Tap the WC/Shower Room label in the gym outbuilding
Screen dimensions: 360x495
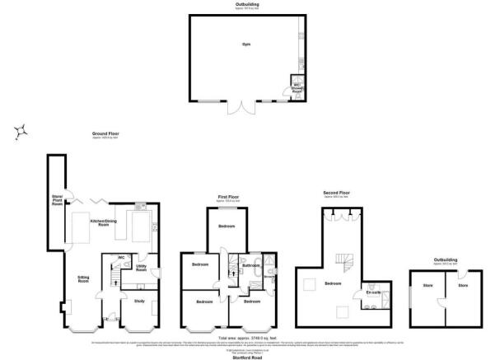coord(298,89)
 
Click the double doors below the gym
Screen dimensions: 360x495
coord(242,107)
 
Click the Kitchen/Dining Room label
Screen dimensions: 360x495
coord(115,222)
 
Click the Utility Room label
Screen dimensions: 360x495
coord(142,268)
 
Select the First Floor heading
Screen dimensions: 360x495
coord(227,197)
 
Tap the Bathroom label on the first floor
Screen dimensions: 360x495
coord(251,266)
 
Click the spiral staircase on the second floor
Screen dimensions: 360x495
coord(344,264)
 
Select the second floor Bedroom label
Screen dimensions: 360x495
coord(333,283)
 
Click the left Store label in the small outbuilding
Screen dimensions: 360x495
coord(427,286)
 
